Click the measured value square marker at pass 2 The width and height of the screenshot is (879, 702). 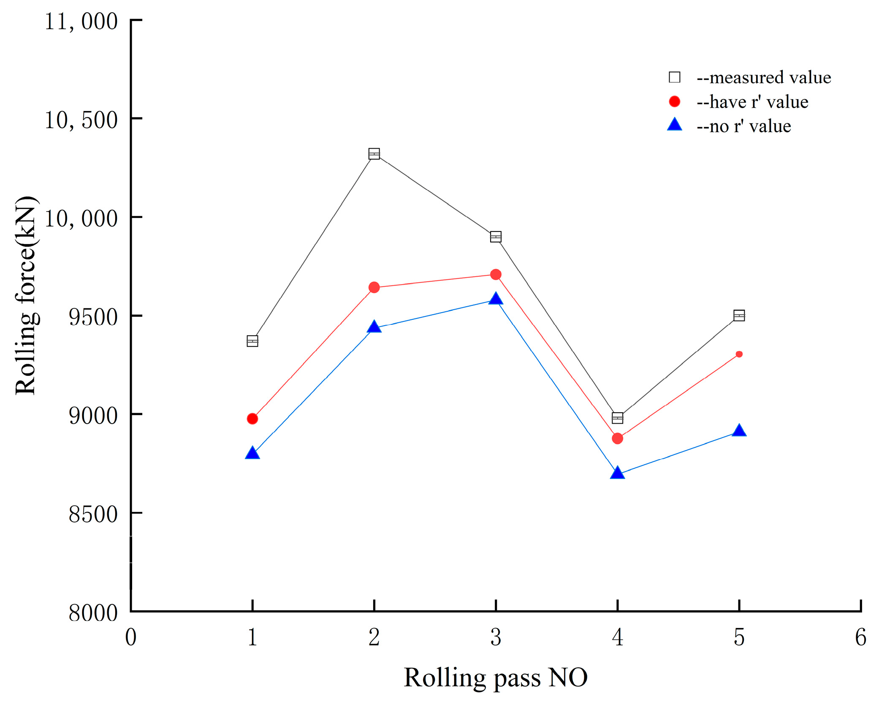click(374, 154)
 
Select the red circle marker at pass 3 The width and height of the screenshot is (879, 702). click(496, 275)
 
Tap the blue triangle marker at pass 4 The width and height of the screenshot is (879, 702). click(617, 473)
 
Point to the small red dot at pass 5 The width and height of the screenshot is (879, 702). click(739, 354)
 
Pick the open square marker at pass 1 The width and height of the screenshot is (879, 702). click(252, 341)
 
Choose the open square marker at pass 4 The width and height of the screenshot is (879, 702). click(617, 418)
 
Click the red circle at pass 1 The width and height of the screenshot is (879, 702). click(252, 419)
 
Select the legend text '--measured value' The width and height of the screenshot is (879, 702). click(763, 78)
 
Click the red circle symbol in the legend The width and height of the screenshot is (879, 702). click(674, 101)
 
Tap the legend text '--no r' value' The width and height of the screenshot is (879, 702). click(743, 126)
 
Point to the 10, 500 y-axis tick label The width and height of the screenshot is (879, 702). click(81, 120)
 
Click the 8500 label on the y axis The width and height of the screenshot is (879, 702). click(93, 514)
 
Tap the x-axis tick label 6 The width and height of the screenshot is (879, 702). click(860, 637)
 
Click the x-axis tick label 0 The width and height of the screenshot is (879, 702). click(130, 637)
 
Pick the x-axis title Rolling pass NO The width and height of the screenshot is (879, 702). click(495, 677)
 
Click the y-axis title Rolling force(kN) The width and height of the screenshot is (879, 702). click(26, 296)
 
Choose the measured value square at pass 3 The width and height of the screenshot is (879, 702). click(496, 237)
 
